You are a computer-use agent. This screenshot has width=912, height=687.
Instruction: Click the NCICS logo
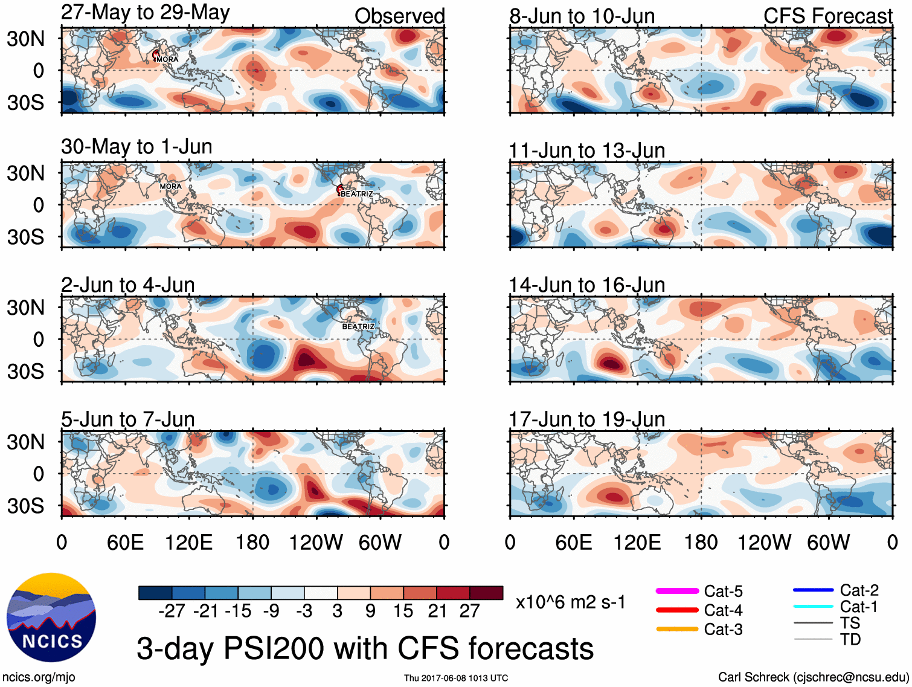tap(51, 617)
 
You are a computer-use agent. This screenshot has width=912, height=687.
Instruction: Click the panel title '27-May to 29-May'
tap(145, 13)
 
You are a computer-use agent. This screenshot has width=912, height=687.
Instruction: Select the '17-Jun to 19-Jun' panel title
tap(586, 419)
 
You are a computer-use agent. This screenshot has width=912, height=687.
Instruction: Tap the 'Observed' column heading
tap(399, 16)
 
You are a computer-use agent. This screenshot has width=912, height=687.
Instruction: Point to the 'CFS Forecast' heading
tap(827, 16)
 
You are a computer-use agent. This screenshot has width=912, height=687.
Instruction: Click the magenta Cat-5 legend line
tap(677, 591)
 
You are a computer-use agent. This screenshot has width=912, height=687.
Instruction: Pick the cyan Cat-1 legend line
tap(813, 607)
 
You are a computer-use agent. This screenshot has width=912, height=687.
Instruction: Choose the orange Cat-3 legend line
tap(677, 629)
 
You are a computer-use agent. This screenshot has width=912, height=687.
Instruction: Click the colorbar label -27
tap(172, 611)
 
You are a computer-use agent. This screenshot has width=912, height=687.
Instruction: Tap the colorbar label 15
tap(403, 611)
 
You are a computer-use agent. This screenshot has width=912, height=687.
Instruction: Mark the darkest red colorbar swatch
tap(486, 593)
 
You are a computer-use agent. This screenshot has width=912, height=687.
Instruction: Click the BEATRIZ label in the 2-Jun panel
tap(358, 326)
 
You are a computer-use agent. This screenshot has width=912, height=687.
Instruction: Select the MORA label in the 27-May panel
tap(167, 59)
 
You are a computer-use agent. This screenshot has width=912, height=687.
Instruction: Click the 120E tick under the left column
tap(188, 542)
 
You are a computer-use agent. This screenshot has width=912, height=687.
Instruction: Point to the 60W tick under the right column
tap(828, 542)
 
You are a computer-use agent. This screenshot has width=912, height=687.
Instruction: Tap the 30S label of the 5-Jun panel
tap(25, 506)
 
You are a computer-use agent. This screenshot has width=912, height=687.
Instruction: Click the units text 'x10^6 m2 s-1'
tap(570, 602)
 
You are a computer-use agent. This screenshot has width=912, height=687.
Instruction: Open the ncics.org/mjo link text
tap(39, 677)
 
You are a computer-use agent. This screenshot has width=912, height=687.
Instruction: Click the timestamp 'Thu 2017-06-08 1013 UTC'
tap(456, 678)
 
